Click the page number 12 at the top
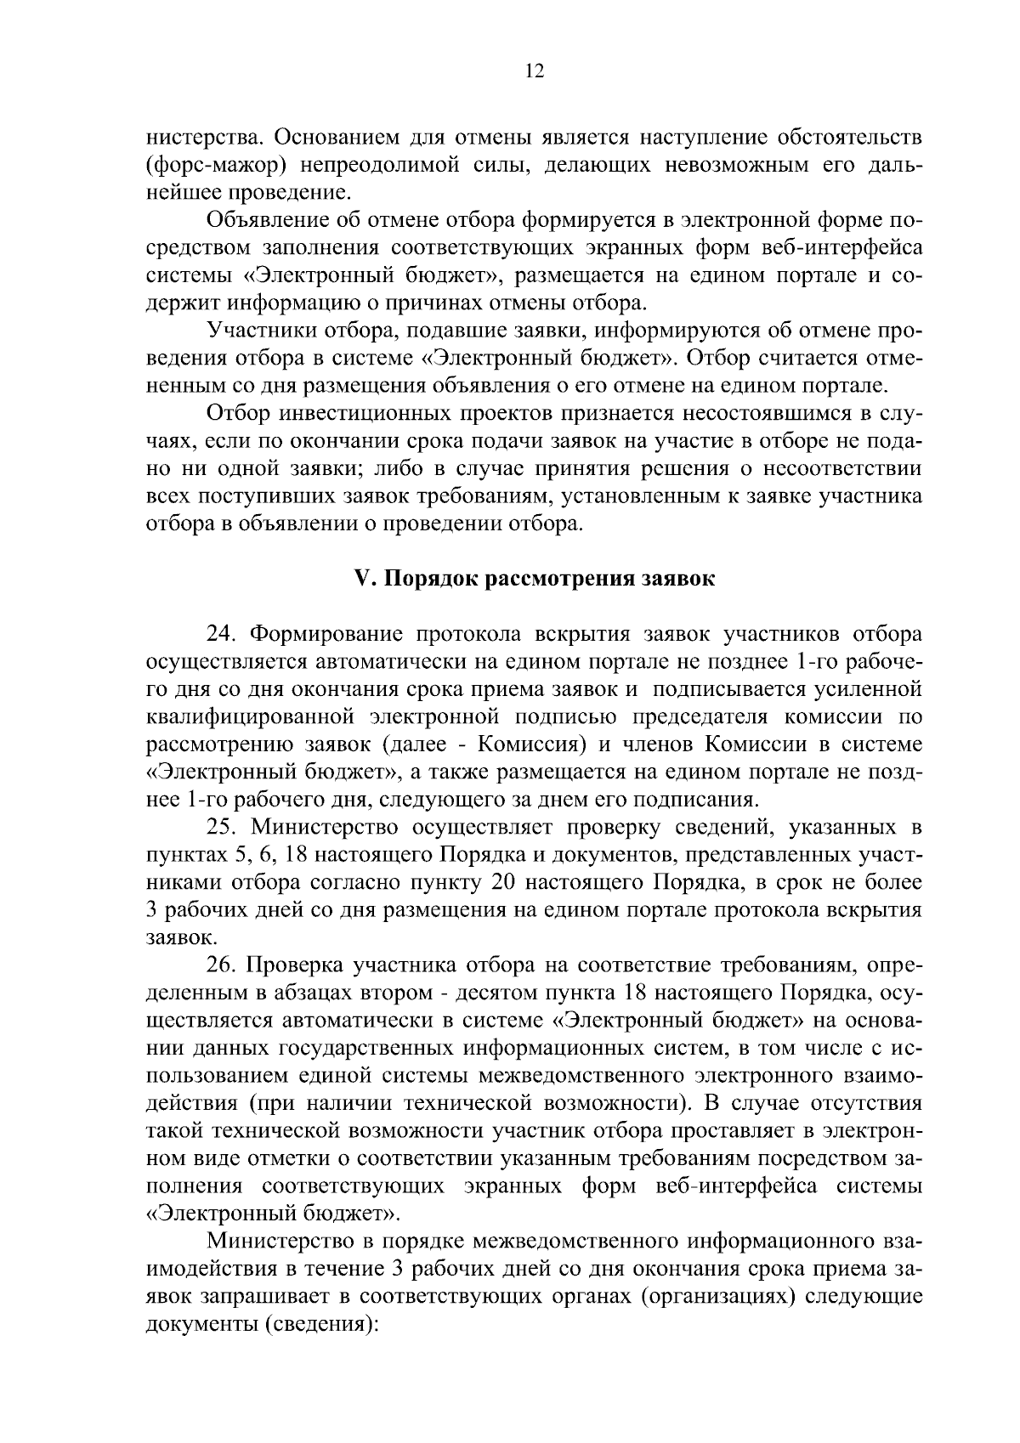[x=534, y=71]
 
